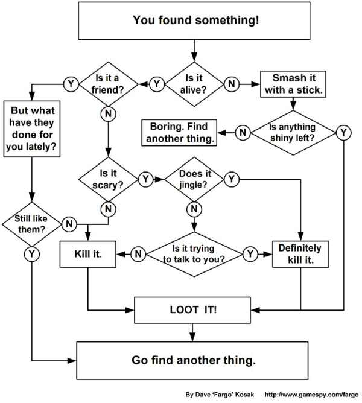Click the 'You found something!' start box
(x=196, y=21)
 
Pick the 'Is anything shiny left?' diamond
(x=292, y=132)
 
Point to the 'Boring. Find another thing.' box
(x=179, y=132)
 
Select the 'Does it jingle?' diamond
(x=194, y=179)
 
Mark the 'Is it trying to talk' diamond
(x=194, y=254)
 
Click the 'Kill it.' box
(x=89, y=254)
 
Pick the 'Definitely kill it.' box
(x=300, y=254)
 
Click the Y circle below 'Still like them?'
(x=30, y=254)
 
